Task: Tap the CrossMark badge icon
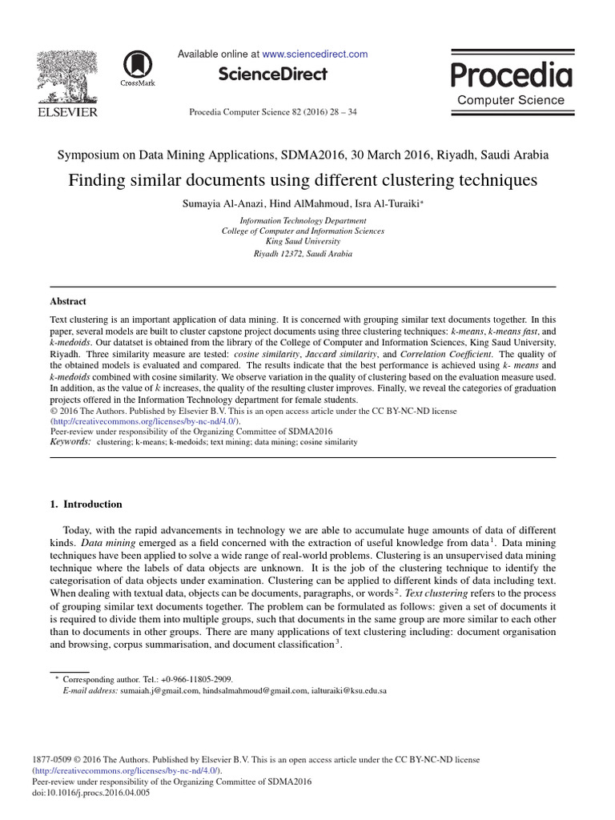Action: click(x=138, y=66)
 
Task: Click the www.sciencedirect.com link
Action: click(x=315, y=54)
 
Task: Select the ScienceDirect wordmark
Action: click(x=273, y=74)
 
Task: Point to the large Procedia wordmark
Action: click(x=511, y=75)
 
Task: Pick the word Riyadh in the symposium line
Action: click(x=459, y=155)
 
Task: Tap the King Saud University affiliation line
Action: click(x=303, y=241)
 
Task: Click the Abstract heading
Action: click(x=68, y=302)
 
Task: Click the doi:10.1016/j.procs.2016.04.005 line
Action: click(x=90, y=793)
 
